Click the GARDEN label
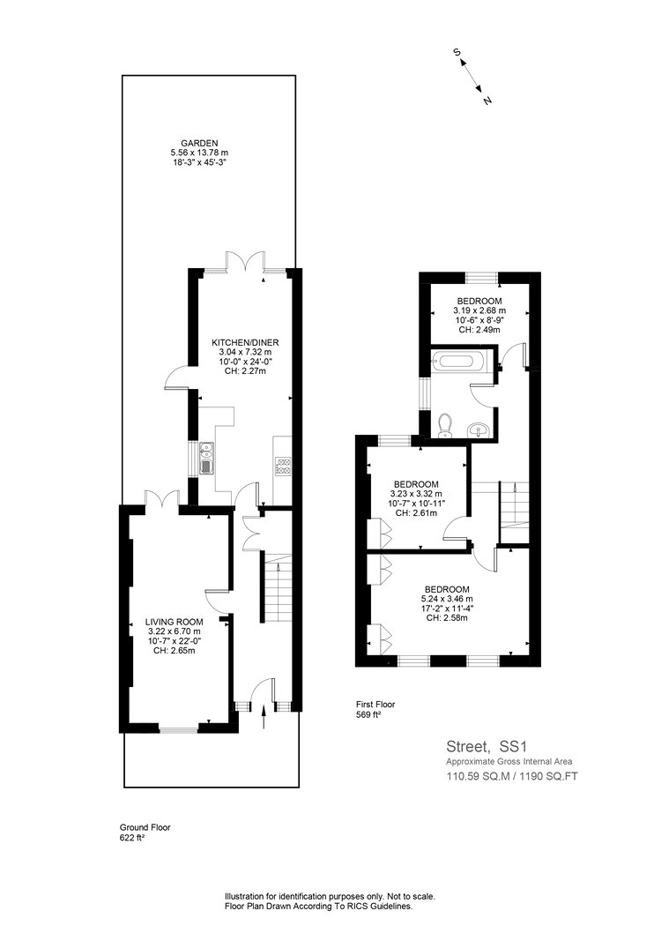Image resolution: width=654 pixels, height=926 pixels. tap(199, 143)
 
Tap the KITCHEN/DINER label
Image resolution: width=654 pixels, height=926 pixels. tap(245, 342)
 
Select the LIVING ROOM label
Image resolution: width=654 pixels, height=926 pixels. tap(175, 622)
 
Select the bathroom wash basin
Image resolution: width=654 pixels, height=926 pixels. tap(478, 431)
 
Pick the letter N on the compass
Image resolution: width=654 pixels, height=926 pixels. tap(487, 101)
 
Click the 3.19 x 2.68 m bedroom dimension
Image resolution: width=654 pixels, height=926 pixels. tap(479, 310)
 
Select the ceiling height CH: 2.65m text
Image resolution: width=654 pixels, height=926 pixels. tap(175, 651)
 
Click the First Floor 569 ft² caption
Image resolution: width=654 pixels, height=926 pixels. tap(375, 709)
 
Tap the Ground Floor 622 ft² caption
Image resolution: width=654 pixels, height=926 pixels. tap(145, 833)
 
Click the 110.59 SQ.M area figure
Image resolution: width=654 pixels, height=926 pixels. tap(478, 775)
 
